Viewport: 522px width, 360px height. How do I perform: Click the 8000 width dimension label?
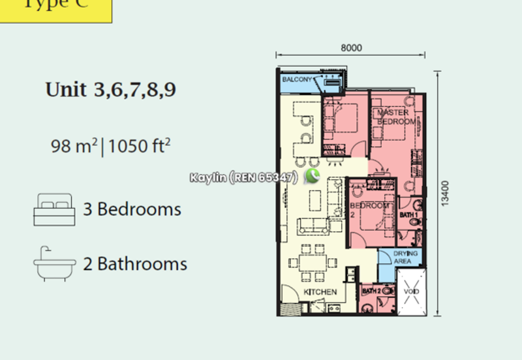coord(351,48)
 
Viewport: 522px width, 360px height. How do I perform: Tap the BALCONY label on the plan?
coord(297,80)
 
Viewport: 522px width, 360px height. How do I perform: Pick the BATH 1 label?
coord(408,215)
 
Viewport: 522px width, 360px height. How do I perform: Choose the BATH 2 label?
coord(371,291)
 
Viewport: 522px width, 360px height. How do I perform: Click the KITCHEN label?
coord(320,292)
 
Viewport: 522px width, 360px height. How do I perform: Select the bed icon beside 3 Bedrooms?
coord(54,209)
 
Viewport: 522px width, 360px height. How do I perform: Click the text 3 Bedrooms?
coord(132,209)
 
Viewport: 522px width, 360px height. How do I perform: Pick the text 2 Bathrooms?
coord(135,263)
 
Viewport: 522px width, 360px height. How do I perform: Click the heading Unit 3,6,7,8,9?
coord(110,89)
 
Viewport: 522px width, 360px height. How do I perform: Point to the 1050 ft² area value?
coord(140,145)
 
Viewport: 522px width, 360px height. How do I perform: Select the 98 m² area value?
coord(73,145)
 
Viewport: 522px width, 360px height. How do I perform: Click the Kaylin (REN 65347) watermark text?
coord(244,177)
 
